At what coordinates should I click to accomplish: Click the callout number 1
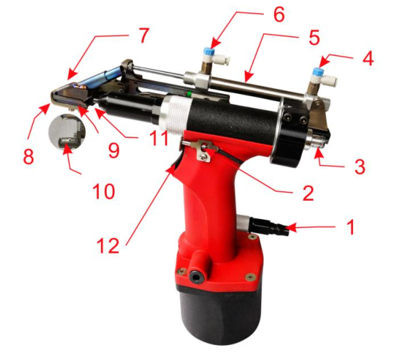[x=349, y=227]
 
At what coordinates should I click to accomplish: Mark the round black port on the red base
[x=194, y=273]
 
